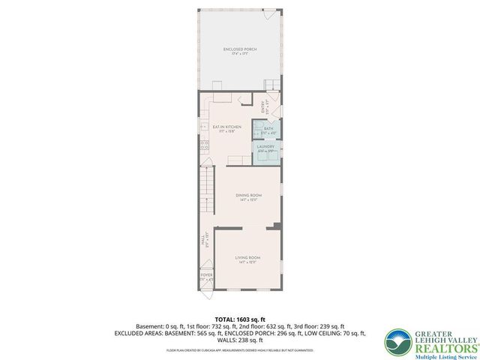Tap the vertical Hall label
(x=202, y=240)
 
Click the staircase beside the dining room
(x=206, y=191)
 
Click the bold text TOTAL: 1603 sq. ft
(x=239, y=319)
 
